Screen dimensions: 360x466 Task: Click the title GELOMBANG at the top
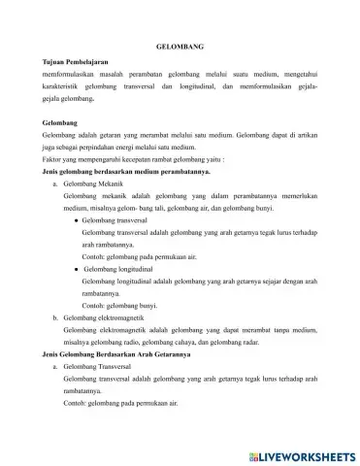point(180,47)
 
